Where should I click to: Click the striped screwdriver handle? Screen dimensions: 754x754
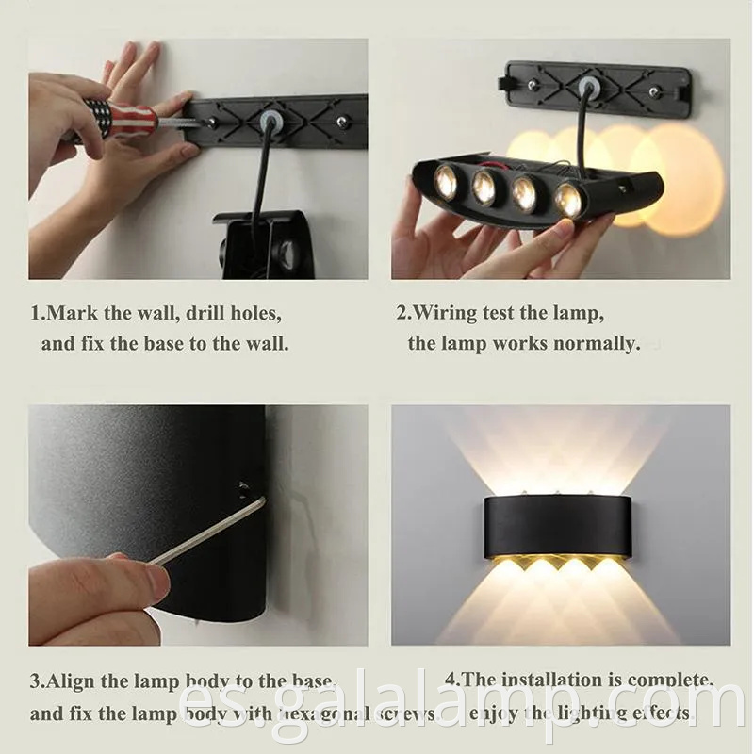click(x=120, y=118)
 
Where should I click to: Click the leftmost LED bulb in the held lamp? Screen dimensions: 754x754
click(x=447, y=181)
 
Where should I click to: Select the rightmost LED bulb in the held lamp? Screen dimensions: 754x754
click(x=567, y=199)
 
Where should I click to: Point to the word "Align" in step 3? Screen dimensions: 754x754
click(x=73, y=680)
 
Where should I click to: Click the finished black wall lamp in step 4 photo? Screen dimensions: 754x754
click(x=561, y=525)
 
